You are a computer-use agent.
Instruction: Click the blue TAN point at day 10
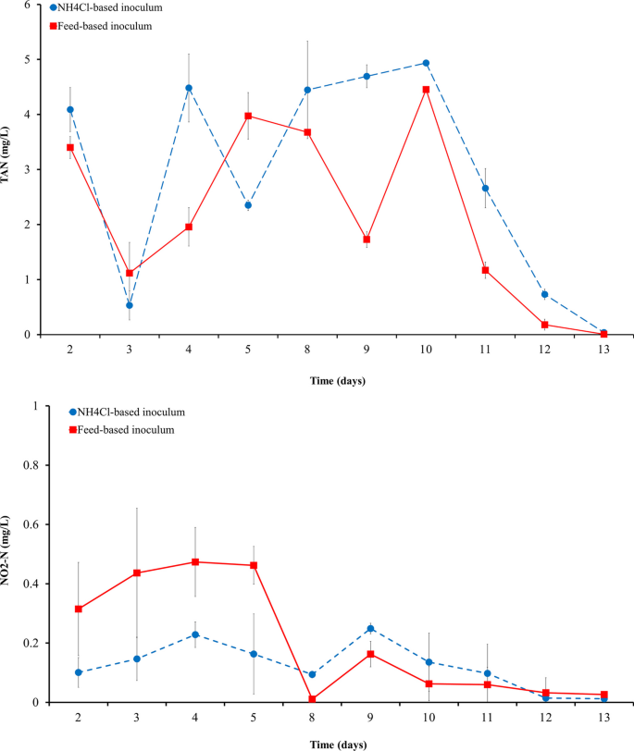(426, 63)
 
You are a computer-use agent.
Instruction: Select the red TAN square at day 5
(248, 116)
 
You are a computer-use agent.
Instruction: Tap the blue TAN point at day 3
(130, 305)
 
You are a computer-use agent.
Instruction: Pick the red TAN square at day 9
(367, 240)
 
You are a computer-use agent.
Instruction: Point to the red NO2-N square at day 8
(313, 699)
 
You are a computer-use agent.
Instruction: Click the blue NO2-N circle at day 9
(370, 628)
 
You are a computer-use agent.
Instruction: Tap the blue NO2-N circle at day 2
(79, 672)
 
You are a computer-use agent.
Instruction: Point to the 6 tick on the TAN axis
(28, 6)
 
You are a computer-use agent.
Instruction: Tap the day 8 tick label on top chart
(307, 348)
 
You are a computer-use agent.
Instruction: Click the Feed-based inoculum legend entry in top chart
(104, 26)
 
